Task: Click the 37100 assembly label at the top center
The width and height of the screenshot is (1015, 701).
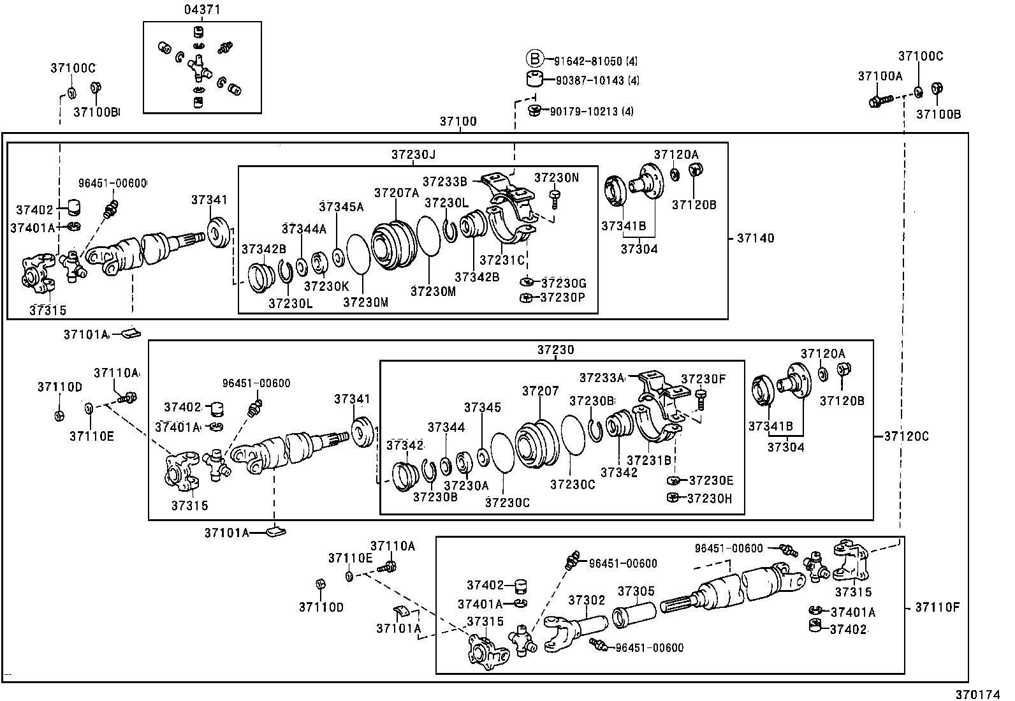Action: click(x=458, y=121)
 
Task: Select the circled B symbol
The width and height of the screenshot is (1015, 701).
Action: click(x=534, y=60)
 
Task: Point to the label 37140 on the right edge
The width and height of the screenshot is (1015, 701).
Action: click(x=756, y=238)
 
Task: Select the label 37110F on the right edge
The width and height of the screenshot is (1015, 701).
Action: click(x=937, y=607)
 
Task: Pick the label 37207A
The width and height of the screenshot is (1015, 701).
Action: click(x=396, y=193)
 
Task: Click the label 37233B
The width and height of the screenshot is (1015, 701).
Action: click(x=445, y=181)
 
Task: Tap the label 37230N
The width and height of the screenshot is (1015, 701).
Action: click(x=557, y=178)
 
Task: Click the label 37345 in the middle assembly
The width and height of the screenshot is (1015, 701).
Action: click(x=483, y=407)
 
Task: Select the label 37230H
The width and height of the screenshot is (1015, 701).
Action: click(x=710, y=498)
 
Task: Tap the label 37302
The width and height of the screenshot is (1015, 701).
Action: click(x=587, y=600)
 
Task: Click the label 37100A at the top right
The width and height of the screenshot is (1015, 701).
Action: click(x=880, y=76)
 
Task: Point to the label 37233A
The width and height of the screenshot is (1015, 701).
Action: click(x=602, y=378)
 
